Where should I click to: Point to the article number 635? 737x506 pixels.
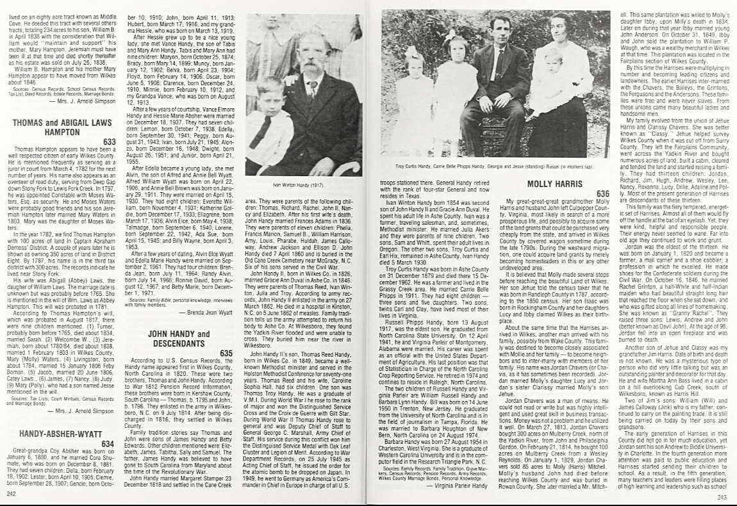(226, 353)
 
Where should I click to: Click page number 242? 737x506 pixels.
(10, 494)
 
